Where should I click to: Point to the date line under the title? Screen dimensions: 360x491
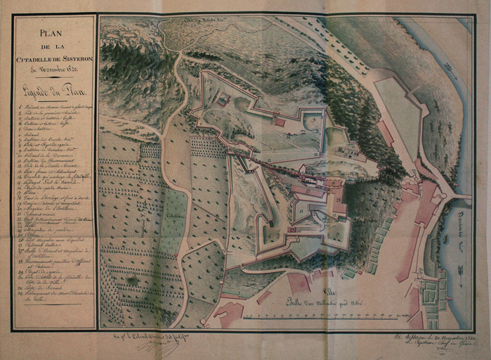pos(53,70)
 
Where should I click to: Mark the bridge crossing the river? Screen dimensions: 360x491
pos(461,195)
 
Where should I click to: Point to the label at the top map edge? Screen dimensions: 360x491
pos(203,22)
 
